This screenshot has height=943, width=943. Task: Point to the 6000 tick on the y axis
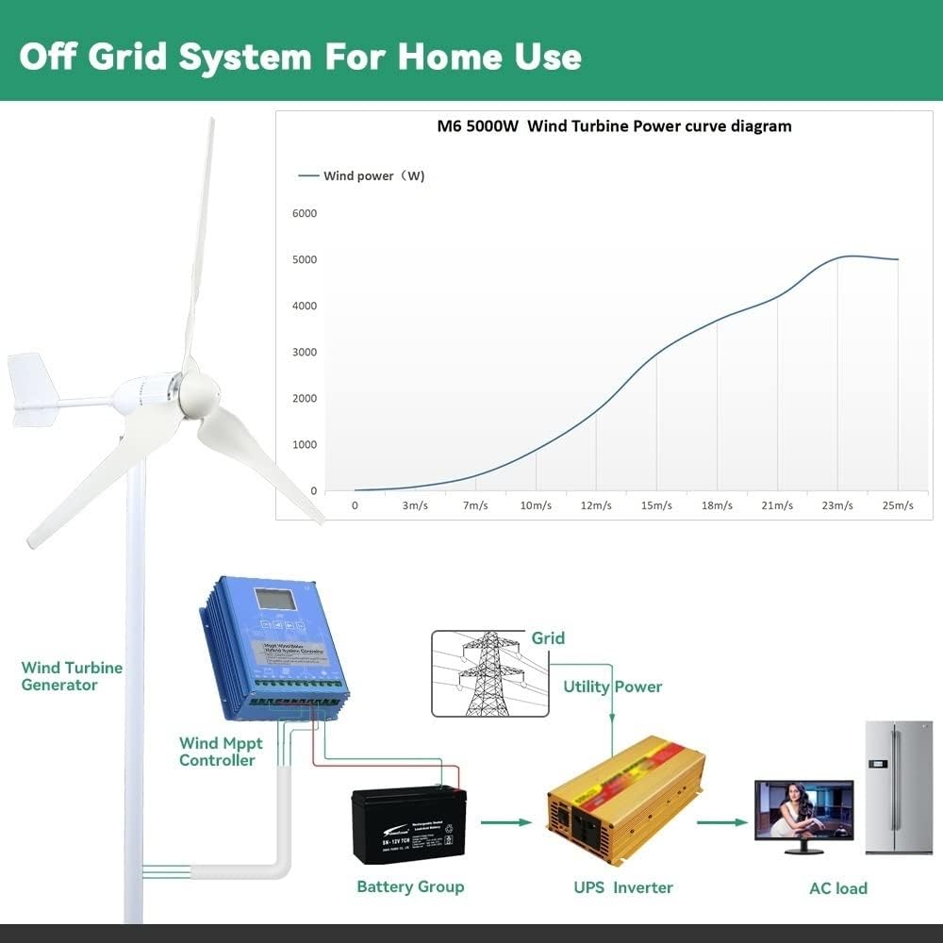coord(305,213)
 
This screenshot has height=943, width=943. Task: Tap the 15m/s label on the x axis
coord(656,505)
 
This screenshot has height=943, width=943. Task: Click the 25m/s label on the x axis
coord(898,505)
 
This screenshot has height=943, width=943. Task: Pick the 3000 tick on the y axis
coord(305,352)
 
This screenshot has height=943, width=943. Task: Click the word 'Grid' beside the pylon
coord(548,638)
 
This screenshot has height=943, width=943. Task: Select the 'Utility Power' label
coord(613,687)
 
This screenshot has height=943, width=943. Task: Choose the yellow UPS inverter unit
coord(625,800)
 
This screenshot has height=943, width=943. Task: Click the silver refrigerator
coord(898,787)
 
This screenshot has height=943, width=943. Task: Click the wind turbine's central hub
coord(198,393)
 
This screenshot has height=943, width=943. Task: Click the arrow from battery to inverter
coord(506,822)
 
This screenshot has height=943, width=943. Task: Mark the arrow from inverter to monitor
coord(722,822)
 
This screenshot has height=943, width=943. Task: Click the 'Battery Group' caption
coord(410,886)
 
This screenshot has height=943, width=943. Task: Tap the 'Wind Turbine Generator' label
coord(72,676)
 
